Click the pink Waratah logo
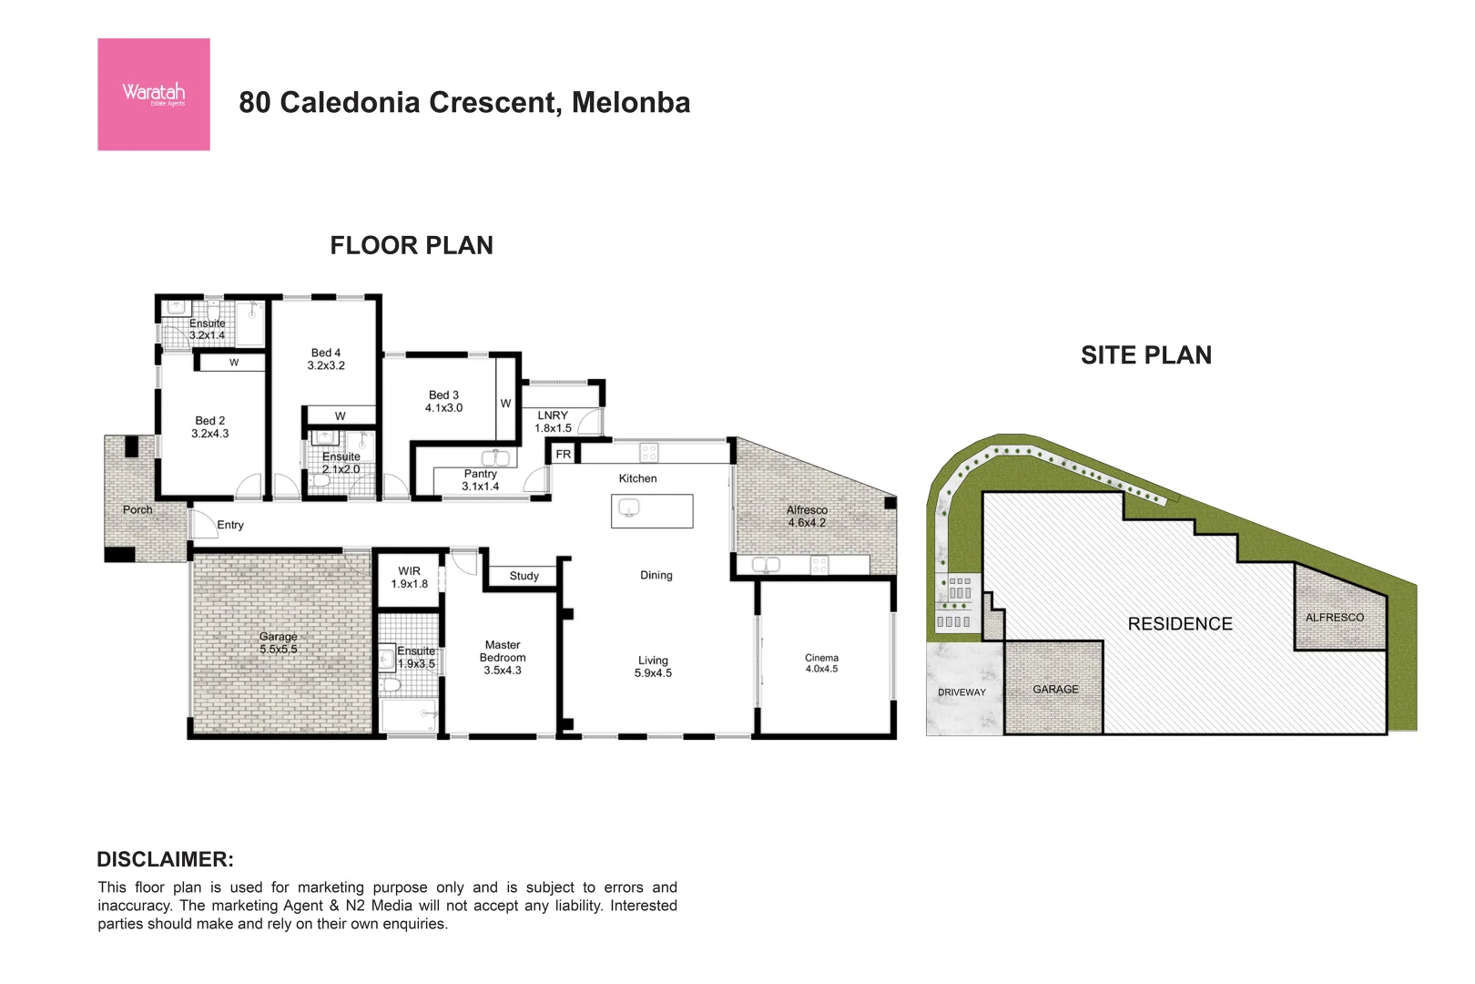(154, 95)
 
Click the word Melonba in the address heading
(630, 103)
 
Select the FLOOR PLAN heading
(412, 246)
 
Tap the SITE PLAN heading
(1145, 355)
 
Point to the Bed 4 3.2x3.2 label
(326, 359)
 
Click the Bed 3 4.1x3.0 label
(443, 402)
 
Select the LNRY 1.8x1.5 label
(553, 422)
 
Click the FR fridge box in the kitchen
(563, 454)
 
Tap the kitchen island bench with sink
(652, 511)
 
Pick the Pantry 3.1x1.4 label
(480, 480)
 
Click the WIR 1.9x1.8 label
(409, 578)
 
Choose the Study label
(524, 576)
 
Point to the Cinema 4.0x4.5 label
(821, 663)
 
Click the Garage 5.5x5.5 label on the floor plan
(278, 643)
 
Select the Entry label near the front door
(230, 525)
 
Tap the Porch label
(137, 510)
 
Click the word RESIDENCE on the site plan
(1179, 624)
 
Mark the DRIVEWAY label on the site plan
(961, 692)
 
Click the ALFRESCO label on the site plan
(1334, 618)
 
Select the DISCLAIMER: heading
(165, 859)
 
